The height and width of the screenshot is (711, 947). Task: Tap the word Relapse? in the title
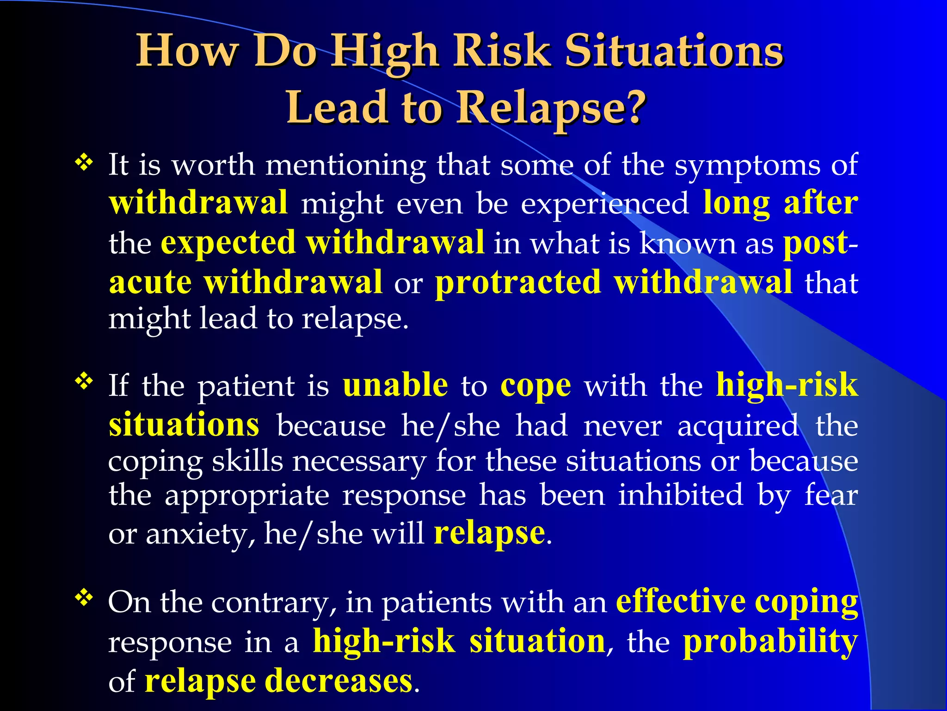[551, 107]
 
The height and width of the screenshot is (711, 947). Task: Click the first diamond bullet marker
[84, 162]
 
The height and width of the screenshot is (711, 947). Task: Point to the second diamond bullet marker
[84, 382]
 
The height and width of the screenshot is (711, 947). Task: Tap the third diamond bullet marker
[84, 598]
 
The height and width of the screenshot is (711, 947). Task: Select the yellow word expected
[228, 242]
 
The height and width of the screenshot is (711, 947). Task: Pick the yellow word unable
[395, 385]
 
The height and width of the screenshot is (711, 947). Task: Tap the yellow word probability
[770, 642]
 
